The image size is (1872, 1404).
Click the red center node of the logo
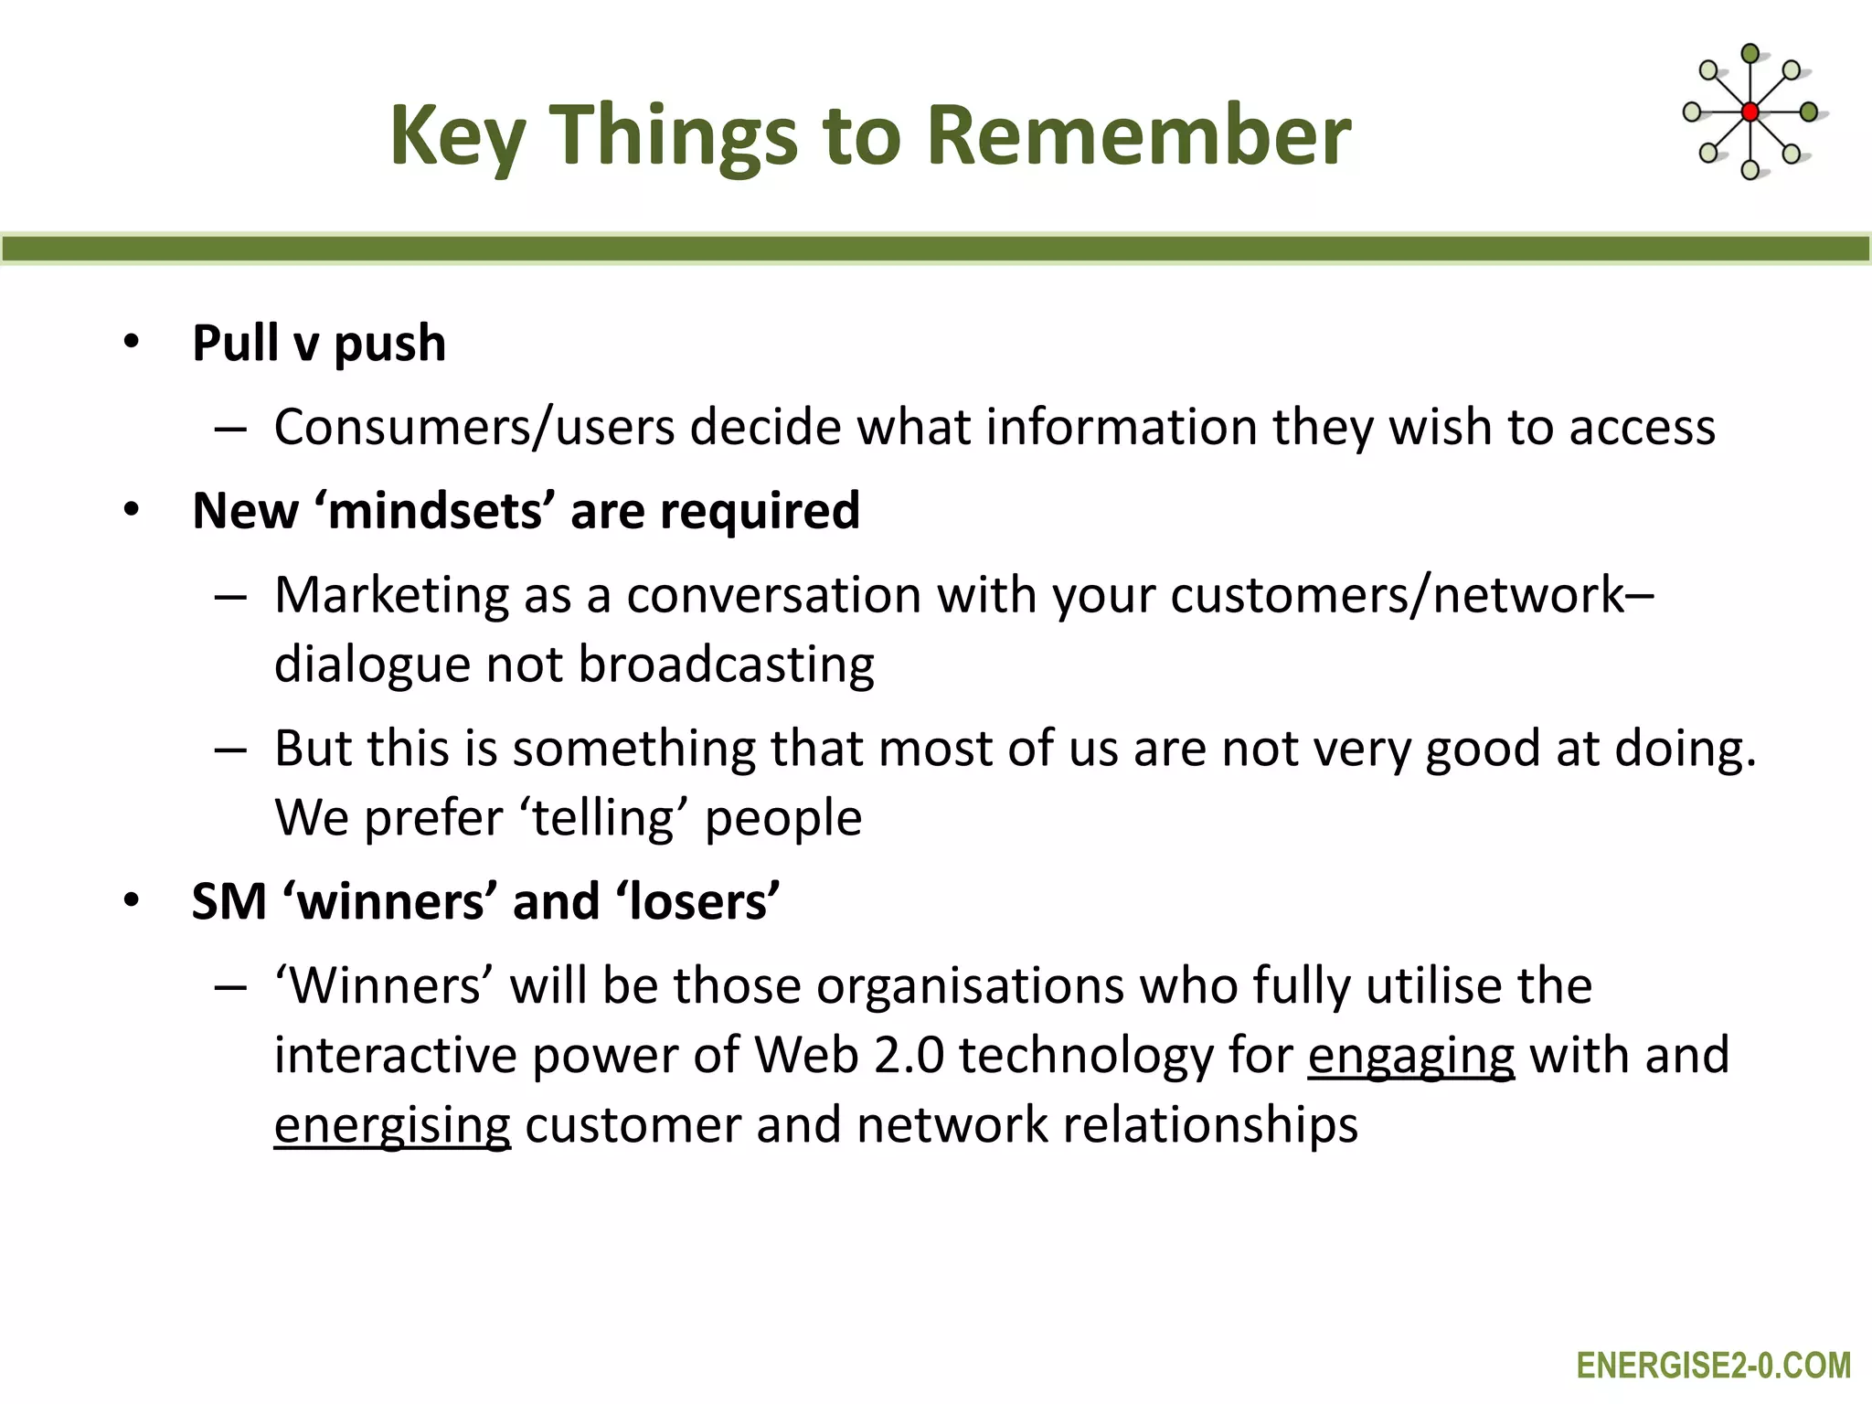pos(1750,112)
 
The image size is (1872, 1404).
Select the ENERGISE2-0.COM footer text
pos(1714,1366)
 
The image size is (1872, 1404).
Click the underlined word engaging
pos(1410,1056)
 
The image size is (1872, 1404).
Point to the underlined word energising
pos(392,1125)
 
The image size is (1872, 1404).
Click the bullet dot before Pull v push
pos(132,342)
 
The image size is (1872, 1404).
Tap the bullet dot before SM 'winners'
pos(132,900)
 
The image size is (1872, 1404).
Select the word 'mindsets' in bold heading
pos(435,510)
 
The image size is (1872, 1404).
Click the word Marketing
pos(391,595)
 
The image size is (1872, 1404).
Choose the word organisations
pos(970,986)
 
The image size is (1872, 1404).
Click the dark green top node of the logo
pos(1750,54)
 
